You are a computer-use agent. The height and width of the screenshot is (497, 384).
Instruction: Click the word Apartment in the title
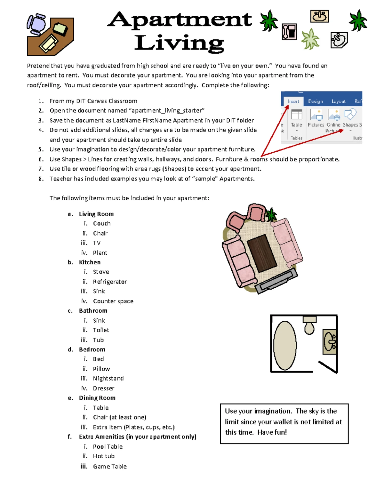(x=180, y=20)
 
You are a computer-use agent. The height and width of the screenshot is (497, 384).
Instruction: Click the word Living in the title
(x=179, y=43)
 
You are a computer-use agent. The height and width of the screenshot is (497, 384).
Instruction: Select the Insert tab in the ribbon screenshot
(x=293, y=101)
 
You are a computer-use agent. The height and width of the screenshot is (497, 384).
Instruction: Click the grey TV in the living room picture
(x=278, y=281)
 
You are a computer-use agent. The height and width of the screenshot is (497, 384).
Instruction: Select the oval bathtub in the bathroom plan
(x=285, y=345)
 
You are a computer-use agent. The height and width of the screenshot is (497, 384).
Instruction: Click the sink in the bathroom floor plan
(x=330, y=342)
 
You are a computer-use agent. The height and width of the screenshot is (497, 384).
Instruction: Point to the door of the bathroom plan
(x=328, y=367)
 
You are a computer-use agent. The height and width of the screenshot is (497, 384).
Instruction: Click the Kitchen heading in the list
(x=90, y=262)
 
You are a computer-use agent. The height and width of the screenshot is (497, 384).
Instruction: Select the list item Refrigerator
(x=110, y=282)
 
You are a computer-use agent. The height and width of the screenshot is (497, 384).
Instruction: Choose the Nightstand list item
(x=108, y=379)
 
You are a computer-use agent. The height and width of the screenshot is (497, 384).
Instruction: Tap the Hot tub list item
(x=104, y=456)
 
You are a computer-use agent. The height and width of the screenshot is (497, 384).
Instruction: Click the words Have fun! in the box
(x=272, y=432)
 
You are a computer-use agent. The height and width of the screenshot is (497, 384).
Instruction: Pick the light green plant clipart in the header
(x=310, y=39)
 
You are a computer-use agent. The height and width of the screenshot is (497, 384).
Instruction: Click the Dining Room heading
(x=97, y=398)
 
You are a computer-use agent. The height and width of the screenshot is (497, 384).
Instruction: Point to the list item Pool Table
(x=108, y=447)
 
